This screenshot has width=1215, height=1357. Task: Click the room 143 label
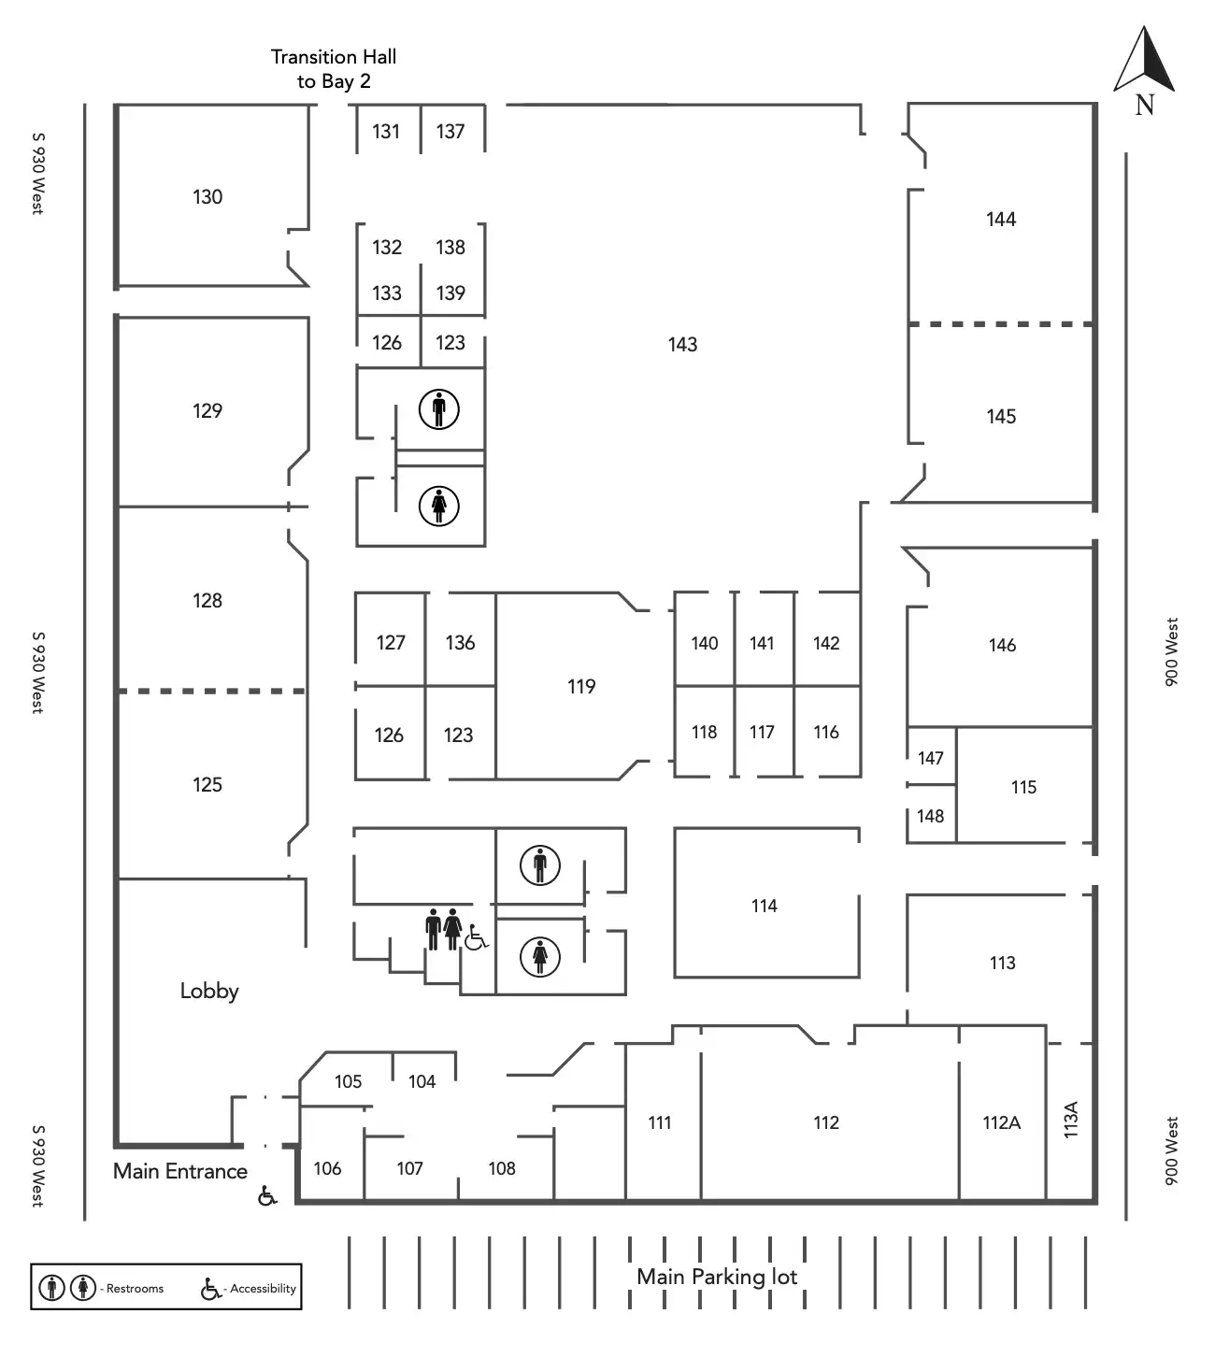coord(682,345)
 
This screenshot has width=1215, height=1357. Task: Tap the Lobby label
coord(209,991)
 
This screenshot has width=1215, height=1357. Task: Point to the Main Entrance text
coord(180,1171)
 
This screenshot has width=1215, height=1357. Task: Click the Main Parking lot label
coord(717,1277)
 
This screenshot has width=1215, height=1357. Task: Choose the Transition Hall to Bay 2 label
coord(334,69)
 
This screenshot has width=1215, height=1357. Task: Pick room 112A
coord(1001,1122)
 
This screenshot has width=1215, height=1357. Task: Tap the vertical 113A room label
coord(1071,1119)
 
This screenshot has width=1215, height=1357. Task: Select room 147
coord(930,758)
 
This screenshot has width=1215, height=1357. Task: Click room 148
coord(930,816)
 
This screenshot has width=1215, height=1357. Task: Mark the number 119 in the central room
coord(581,687)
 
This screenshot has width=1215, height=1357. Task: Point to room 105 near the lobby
coord(348,1081)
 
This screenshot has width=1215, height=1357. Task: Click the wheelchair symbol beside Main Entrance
coord(267,1195)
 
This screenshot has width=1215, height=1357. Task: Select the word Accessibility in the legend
coord(263,1289)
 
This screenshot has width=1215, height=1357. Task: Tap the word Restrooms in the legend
coord(135,1289)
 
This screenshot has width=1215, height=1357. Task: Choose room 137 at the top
coord(450,132)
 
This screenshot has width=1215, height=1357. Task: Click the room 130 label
coord(207,197)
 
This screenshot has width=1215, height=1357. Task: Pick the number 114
coord(764,906)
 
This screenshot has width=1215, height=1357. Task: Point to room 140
coord(704,643)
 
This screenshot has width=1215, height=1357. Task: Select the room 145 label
coord(1001,417)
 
